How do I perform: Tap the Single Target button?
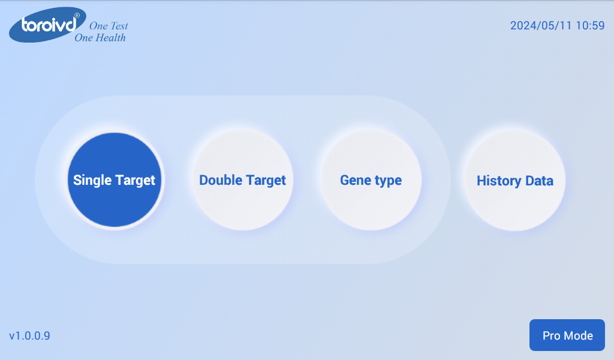(115, 180)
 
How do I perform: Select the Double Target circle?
(243, 180)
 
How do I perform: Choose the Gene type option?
(371, 180)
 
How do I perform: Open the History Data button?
(515, 181)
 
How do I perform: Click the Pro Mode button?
(567, 335)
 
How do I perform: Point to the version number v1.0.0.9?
(30, 336)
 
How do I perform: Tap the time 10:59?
(591, 25)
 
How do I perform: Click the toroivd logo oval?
(47, 25)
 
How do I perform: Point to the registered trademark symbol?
(77, 15)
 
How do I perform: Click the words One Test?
(109, 26)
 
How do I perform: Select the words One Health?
(100, 38)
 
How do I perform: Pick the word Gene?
(355, 180)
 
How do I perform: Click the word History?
(499, 181)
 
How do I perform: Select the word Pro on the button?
(552, 336)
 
